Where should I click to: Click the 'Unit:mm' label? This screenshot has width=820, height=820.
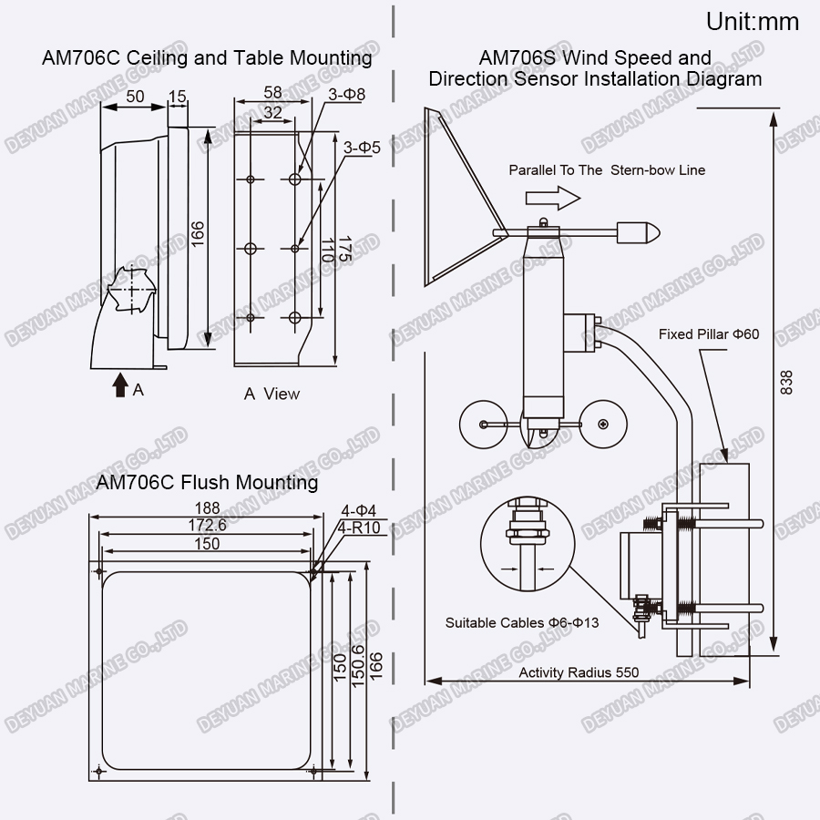pyautogui.click(x=753, y=22)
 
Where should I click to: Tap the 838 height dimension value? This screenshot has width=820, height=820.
pyautogui.click(x=786, y=382)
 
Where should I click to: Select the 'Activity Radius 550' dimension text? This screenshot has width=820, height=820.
pyautogui.click(x=579, y=672)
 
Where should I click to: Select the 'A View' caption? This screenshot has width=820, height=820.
pyautogui.click(x=272, y=394)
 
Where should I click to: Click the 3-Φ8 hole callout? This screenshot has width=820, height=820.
pyautogui.click(x=347, y=94)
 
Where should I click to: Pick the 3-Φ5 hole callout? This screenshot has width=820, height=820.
pyautogui.click(x=362, y=146)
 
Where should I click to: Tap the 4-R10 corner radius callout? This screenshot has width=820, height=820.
pyautogui.click(x=359, y=528)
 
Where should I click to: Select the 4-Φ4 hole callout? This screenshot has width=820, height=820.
pyautogui.click(x=358, y=510)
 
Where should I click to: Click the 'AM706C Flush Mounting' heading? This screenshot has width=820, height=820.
pyautogui.click(x=207, y=481)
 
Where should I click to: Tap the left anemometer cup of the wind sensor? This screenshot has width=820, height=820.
pyautogui.click(x=480, y=425)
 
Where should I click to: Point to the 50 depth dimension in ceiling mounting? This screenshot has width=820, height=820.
pyautogui.click(x=134, y=96)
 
